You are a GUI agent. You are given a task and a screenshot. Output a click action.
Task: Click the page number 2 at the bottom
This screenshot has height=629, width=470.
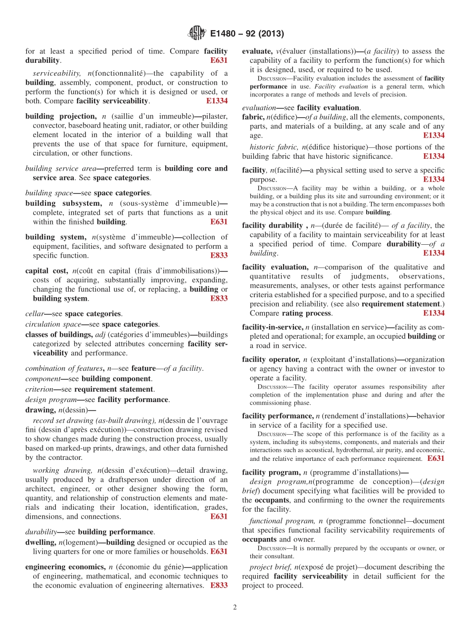(x=235, y=607)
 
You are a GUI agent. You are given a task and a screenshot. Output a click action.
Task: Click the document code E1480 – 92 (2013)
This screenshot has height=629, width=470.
(x=247, y=34)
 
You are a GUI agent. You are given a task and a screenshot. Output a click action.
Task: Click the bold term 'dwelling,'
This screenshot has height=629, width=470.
(x=41, y=542)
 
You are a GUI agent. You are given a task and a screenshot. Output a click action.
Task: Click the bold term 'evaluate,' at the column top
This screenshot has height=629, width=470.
(x=257, y=51)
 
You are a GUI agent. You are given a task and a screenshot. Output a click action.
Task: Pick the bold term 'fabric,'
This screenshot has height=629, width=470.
(x=253, y=117)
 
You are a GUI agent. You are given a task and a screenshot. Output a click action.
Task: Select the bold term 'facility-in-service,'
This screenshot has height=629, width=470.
(x=272, y=327)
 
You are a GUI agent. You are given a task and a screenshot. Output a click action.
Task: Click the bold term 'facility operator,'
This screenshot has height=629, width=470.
(x=271, y=359)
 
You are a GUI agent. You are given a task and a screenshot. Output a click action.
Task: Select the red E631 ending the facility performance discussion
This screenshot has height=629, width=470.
(x=435, y=459)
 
